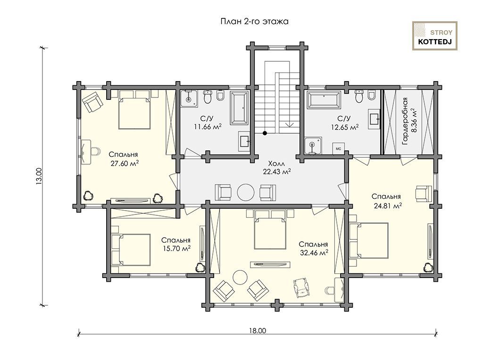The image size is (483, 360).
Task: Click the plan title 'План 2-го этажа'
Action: pyautogui.click(x=254, y=22)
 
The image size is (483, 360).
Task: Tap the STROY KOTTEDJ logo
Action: pyautogui.click(x=434, y=36)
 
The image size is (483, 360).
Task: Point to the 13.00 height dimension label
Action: pyautogui.click(x=39, y=177)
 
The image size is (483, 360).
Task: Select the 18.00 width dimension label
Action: pyautogui.click(x=258, y=331)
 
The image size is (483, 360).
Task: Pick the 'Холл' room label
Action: pyautogui.click(x=276, y=163)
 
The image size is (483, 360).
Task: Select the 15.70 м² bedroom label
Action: pyautogui.click(x=176, y=248)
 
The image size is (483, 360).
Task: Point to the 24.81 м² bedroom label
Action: pyautogui.click(x=388, y=205)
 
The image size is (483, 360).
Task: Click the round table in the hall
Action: pyautogui.click(x=245, y=192)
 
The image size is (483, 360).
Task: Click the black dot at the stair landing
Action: pyautogui.click(x=264, y=133)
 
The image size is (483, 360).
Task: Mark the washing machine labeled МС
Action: pyautogui.click(x=338, y=148)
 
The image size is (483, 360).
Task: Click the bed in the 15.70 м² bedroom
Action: pyautogui.click(x=131, y=250)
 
